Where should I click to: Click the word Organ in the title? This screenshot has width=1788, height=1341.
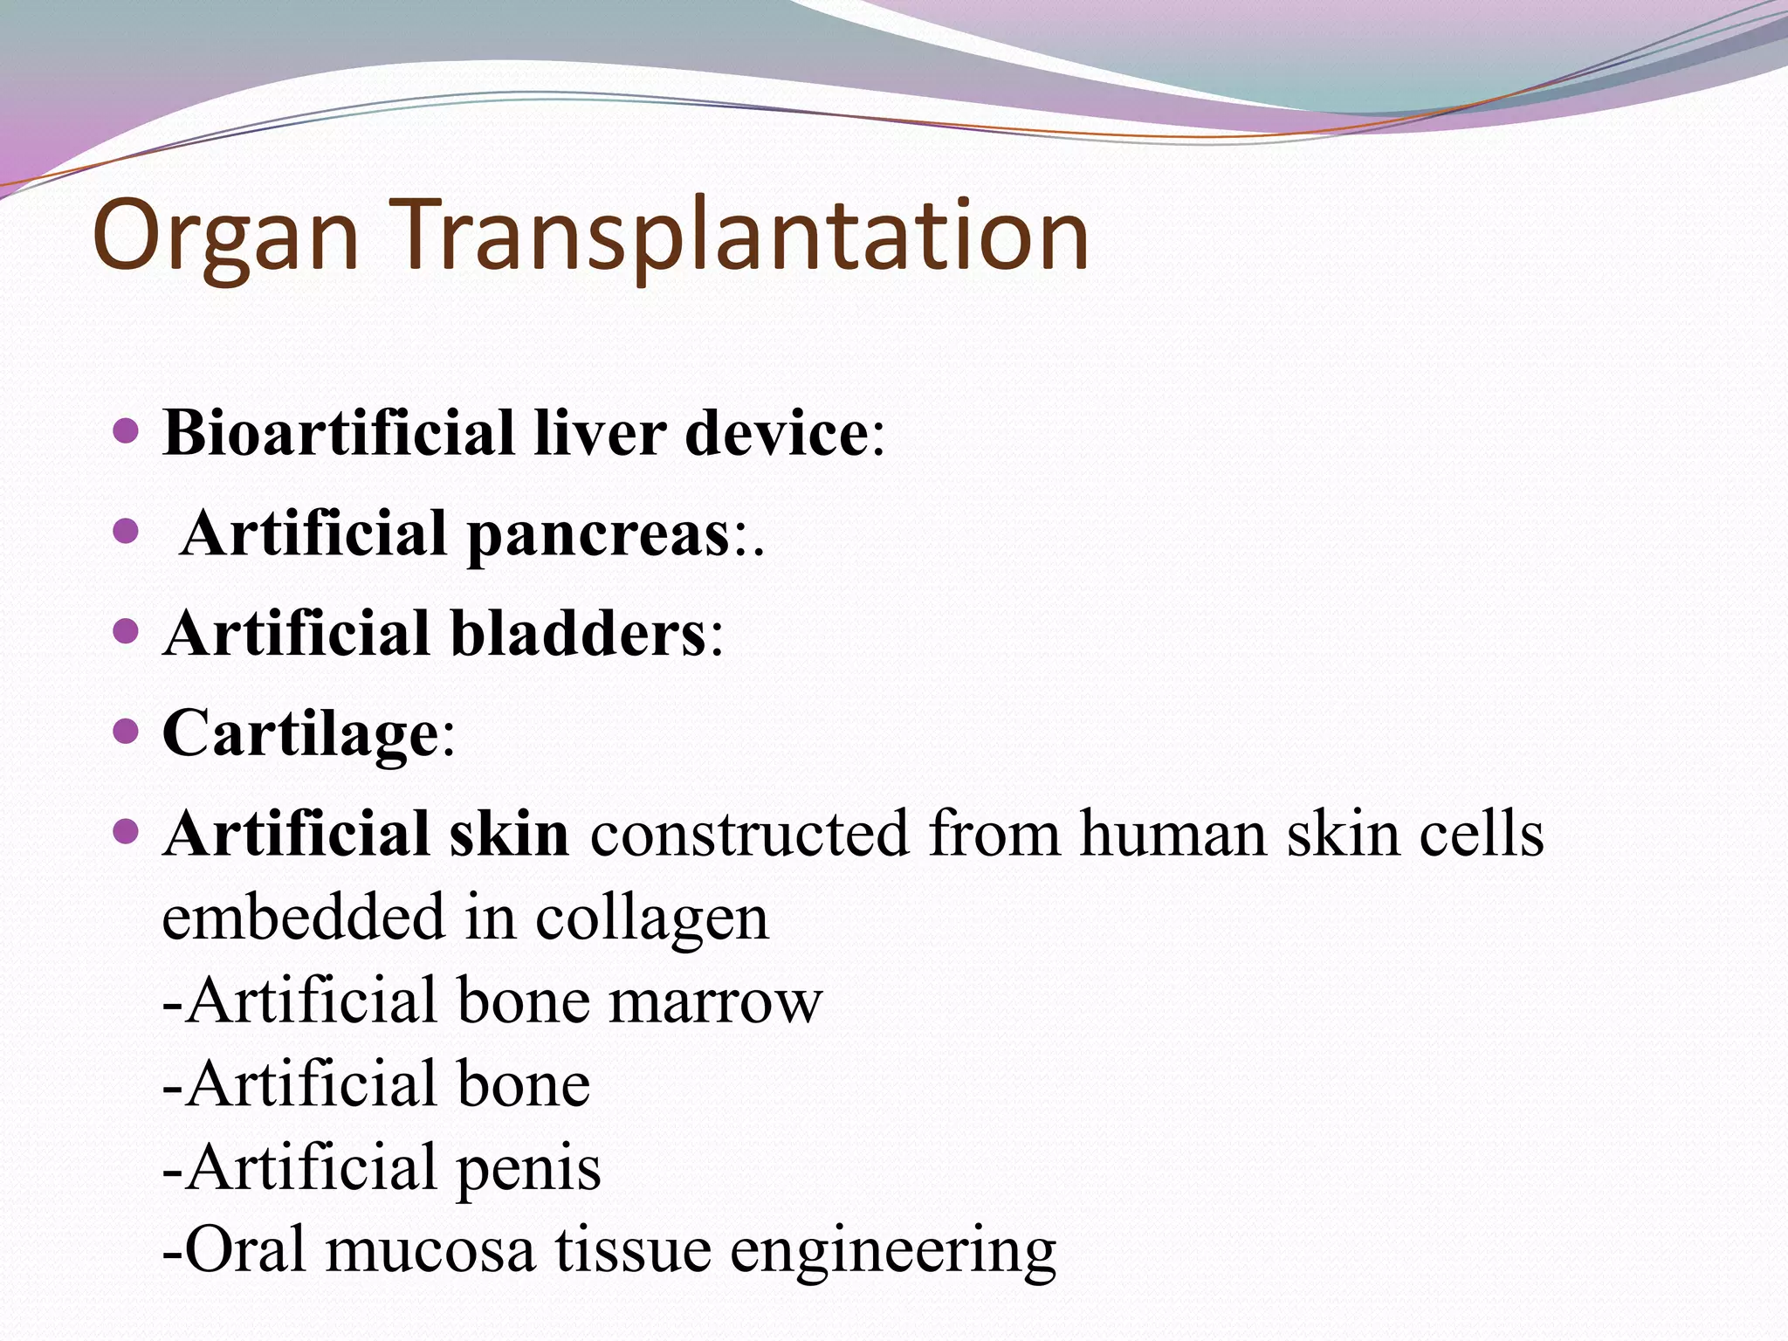coord(225,236)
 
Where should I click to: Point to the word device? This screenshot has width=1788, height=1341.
coord(775,433)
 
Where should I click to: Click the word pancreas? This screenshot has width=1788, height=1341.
coord(598,535)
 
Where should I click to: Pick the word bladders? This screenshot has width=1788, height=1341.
coord(577,634)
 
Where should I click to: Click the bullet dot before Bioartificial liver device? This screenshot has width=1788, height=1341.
coord(127,430)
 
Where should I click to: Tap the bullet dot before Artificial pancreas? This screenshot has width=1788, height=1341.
coord(127,531)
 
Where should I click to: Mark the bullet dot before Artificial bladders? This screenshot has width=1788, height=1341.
coord(127,630)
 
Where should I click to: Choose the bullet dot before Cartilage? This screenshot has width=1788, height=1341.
coord(127,731)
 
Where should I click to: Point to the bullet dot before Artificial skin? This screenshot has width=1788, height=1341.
coord(127,831)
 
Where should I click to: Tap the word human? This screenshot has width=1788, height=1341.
coord(1173,835)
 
